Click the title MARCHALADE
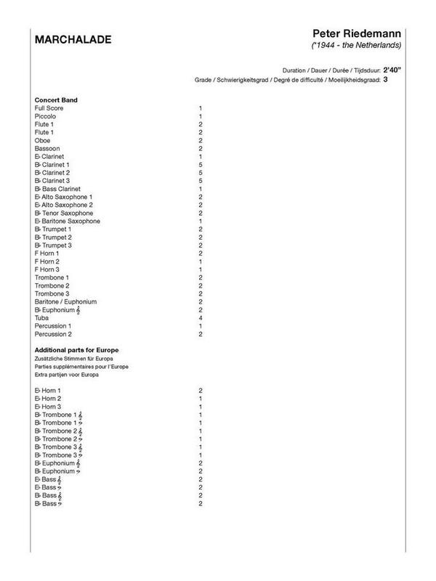[73, 40]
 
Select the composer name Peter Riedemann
[356, 35]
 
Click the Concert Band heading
[57, 99]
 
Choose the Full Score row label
[49, 108]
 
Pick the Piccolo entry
[45, 116]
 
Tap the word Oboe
[42, 140]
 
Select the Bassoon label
[47, 148]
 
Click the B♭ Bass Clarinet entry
[62, 189]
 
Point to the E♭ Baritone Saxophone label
[67, 221]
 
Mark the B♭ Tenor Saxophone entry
[63, 213]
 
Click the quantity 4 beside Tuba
[200, 317]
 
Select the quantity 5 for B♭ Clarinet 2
[200, 173]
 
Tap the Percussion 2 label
[53, 333]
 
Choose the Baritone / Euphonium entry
[65, 301]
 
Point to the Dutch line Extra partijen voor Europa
[66, 375]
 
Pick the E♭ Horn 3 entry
[48, 407]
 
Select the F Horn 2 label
[47, 261]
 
